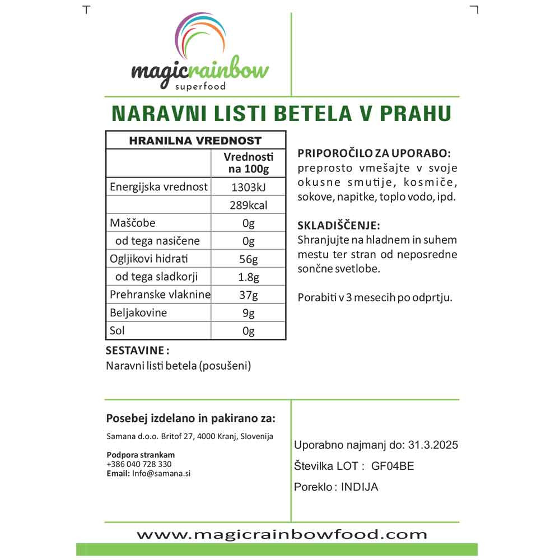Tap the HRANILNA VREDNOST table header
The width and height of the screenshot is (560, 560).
click(x=195, y=141)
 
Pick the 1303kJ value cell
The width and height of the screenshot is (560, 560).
click(x=249, y=187)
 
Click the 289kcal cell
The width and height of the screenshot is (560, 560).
click(x=249, y=206)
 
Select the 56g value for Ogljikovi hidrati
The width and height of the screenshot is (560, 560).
click(x=249, y=259)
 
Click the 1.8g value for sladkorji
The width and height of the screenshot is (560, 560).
click(x=249, y=277)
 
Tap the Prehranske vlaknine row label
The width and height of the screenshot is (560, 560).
click(x=158, y=295)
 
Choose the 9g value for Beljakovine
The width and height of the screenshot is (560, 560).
click(x=249, y=312)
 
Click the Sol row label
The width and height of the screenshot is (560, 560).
click(x=117, y=330)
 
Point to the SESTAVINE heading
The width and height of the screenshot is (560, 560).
click(x=137, y=351)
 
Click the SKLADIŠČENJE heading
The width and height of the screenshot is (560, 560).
click(x=339, y=226)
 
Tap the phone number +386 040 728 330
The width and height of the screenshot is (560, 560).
click(x=138, y=464)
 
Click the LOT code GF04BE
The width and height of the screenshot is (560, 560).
click(x=393, y=466)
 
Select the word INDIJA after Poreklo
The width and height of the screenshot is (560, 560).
click(x=360, y=487)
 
